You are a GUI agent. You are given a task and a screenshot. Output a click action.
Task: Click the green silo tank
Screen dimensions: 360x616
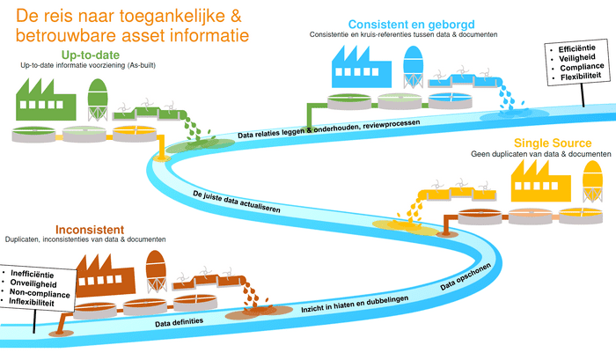[99, 99]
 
